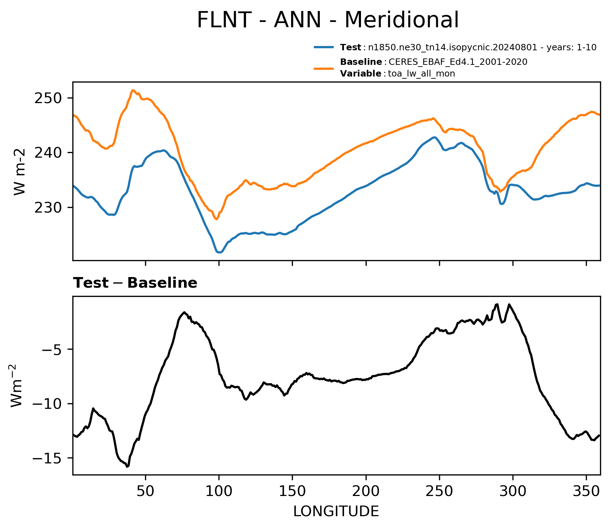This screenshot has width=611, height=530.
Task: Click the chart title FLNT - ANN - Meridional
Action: point(328,20)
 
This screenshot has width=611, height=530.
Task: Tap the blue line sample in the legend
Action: point(323,47)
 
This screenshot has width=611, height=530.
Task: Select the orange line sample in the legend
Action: point(323,68)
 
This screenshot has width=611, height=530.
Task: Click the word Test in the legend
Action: point(350,47)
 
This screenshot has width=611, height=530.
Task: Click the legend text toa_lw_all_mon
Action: point(422,74)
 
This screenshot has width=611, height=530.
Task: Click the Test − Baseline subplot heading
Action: point(135,283)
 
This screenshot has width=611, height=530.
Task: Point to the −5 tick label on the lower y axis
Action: point(52,349)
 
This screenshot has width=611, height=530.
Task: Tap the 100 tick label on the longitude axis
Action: point(219,491)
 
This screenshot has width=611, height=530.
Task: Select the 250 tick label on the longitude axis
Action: point(439,491)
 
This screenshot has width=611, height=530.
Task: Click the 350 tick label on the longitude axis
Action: point(586,491)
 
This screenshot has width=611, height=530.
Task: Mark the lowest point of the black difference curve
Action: point(127,467)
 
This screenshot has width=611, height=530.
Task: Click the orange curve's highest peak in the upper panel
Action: point(133,90)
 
